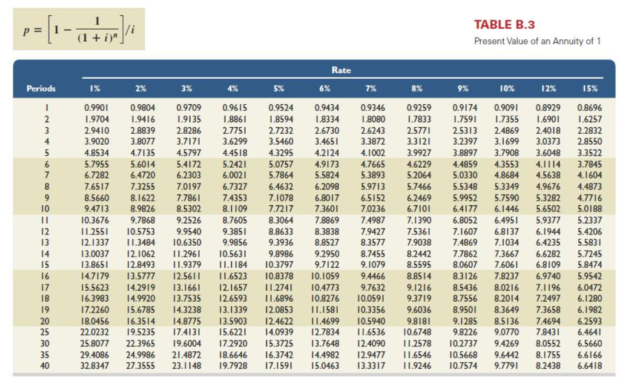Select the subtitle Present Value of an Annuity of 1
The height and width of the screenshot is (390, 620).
(537, 41)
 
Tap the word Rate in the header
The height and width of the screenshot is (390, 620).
(341, 70)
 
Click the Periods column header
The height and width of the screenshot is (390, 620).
(41, 88)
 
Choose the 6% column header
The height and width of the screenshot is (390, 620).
(325, 88)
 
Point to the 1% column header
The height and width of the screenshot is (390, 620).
(95, 88)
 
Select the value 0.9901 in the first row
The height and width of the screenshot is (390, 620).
(95, 107)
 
